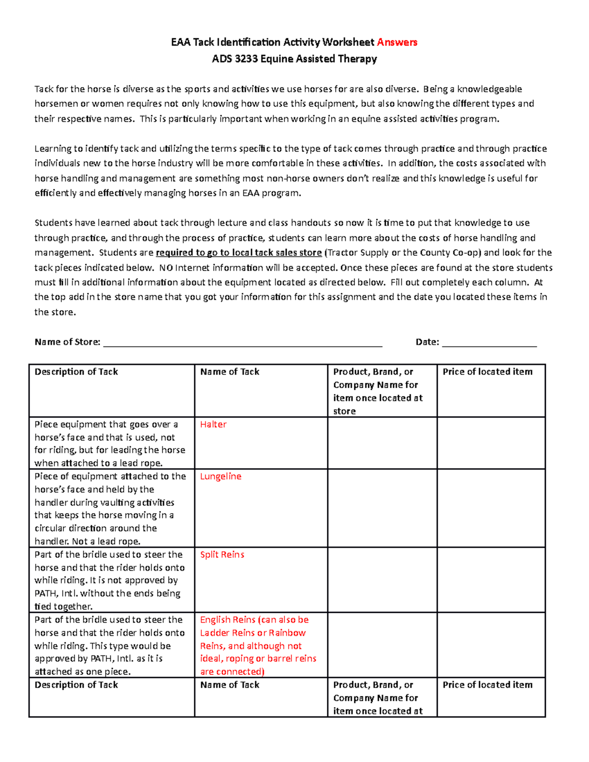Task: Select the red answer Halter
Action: (x=213, y=424)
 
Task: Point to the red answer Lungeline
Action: (x=220, y=476)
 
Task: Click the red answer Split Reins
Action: (x=222, y=554)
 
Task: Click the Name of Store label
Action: (x=67, y=342)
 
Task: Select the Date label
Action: (x=427, y=342)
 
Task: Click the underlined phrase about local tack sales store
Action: (x=239, y=253)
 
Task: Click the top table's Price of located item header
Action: (x=487, y=372)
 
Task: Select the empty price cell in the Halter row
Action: (x=491, y=443)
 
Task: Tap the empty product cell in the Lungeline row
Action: (x=382, y=508)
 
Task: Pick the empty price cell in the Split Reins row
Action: (x=491, y=580)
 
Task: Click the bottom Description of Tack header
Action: (x=76, y=685)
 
